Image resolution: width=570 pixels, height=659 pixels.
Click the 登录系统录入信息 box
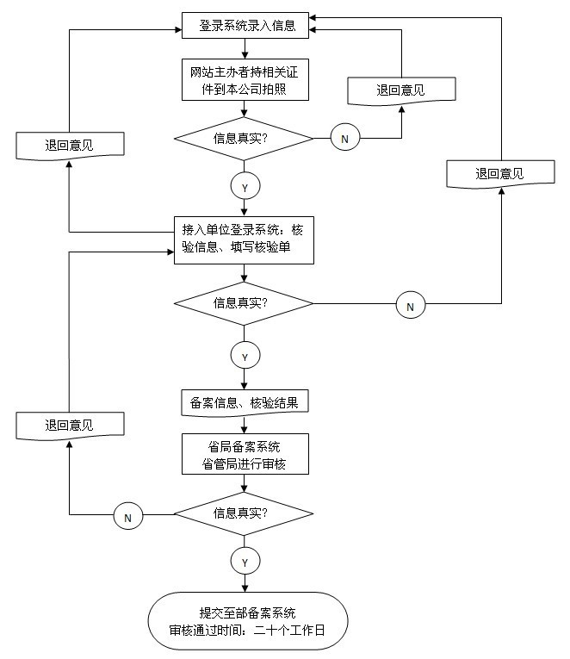tap(247, 26)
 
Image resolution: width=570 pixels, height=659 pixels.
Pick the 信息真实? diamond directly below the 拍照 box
tap(245, 138)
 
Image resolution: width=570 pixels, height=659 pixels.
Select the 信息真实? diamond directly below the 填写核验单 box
tap(245, 303)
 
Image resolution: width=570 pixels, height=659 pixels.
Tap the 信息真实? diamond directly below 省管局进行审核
tap(245, 514)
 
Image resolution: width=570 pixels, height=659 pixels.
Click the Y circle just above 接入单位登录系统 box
tap(245, 187)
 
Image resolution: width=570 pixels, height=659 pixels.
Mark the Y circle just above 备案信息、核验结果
tap(245, 355)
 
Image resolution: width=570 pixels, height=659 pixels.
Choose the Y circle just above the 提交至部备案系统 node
tap(245, 562)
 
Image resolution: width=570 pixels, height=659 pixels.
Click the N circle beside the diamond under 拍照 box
tap(345, 138)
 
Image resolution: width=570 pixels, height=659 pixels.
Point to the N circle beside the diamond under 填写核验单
tap(410, 304)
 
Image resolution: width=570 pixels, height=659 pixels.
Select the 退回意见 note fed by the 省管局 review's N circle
tap(70, 425)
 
